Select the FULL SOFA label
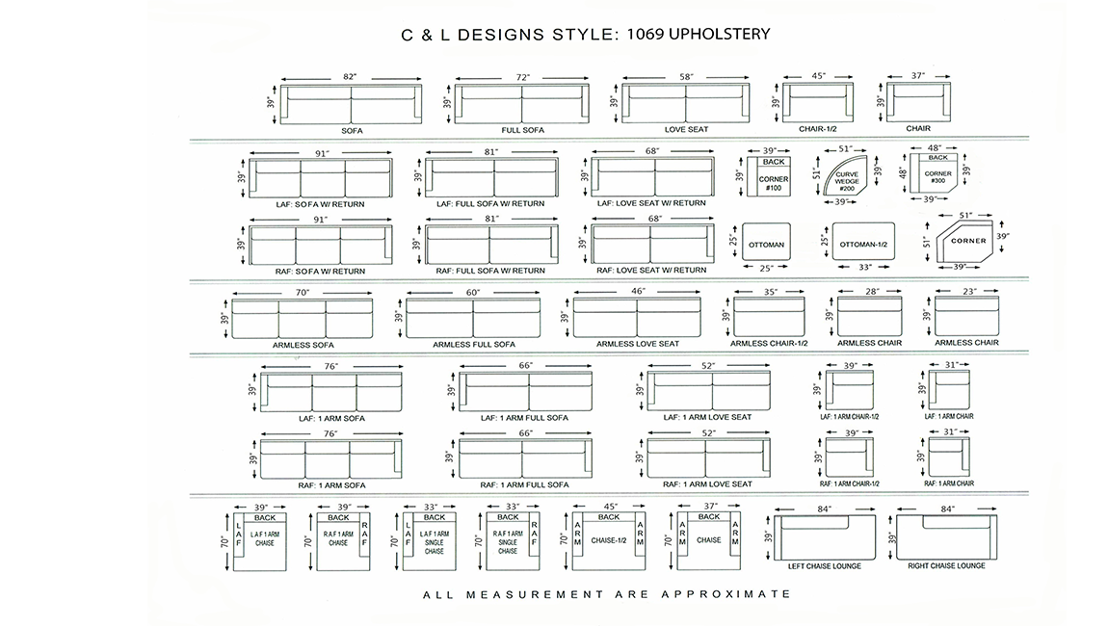[523, 130]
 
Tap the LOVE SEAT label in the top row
[686, 129]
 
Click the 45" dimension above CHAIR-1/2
[818, 76]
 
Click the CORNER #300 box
[937, 176]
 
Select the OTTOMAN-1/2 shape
[863, 244]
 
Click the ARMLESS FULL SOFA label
[473, 344]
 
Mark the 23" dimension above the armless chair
[969, 291]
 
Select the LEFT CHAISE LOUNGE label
[825, 566]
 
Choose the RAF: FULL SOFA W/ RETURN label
[490, 271]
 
